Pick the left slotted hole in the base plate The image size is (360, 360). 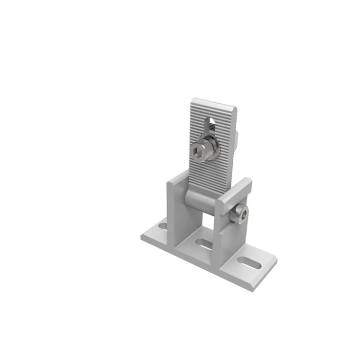click(163, 227)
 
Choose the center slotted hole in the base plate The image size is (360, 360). click(204, 243)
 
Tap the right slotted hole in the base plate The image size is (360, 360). click(249, 262)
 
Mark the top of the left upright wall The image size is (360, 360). click(178, 178)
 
